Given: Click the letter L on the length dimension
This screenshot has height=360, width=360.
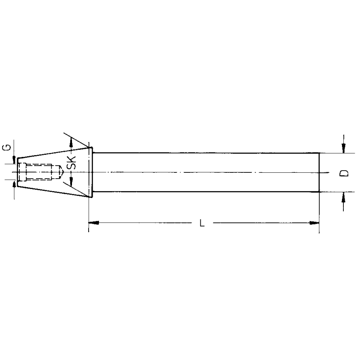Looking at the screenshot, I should (x=202, y=223).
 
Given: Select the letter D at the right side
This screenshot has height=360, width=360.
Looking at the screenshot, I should (x=343, y=173).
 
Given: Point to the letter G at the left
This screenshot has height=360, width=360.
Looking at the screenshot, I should (x=8, y=148).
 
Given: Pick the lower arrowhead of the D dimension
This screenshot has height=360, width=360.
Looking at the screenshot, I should (x=343, y=196).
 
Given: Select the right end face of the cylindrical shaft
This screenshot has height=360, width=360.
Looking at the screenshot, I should (x=319, y=173).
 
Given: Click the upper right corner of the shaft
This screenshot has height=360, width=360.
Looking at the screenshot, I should (x=319, y=153).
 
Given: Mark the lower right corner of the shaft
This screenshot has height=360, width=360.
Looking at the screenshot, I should (x=319, y=192).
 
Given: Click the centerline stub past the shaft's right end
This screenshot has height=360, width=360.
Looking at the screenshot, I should (x=327, y=172).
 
